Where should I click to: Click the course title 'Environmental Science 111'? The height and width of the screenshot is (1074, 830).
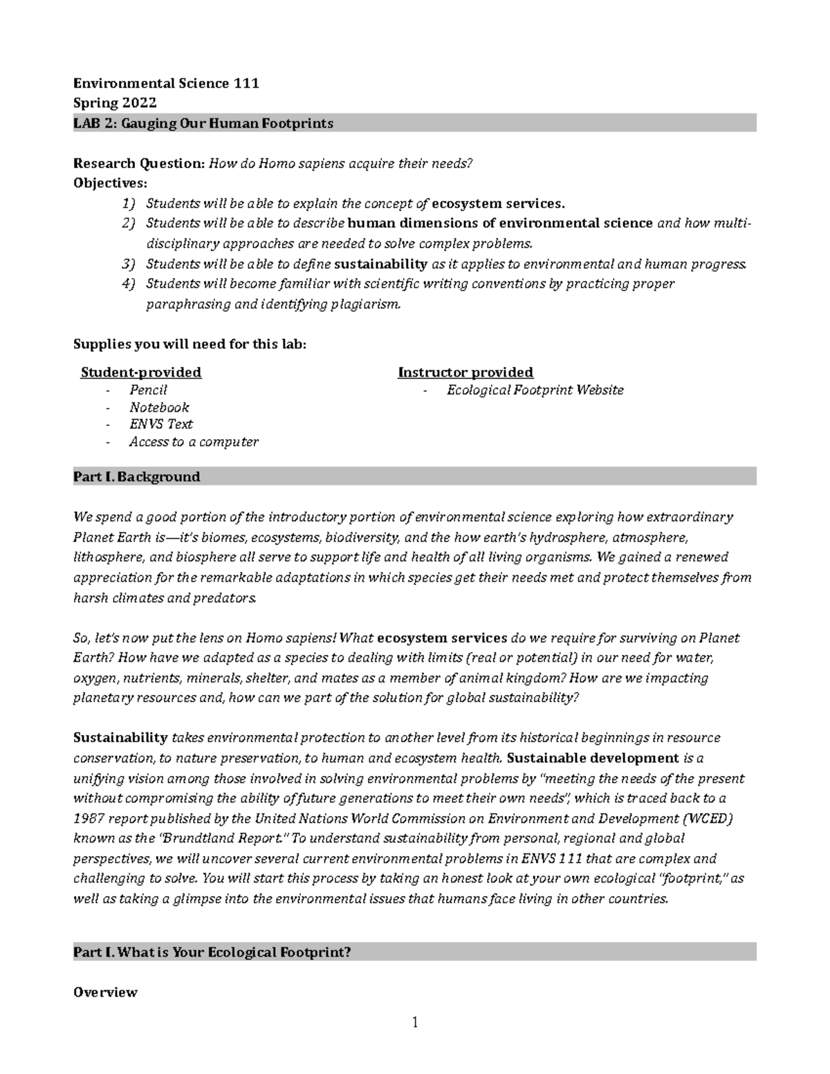click(166, 84)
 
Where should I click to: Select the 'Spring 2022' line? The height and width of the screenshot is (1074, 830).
click(115, 103)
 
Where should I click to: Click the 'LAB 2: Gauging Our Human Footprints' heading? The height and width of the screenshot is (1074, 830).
click(203, 123)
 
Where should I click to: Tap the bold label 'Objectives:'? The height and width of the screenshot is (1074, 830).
click(110, 183)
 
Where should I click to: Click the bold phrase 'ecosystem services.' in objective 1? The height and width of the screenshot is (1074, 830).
click(498, 203)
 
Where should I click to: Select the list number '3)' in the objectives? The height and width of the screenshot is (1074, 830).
click(129, 263)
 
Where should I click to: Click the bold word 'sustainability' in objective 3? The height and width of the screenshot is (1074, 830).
click(380, 263)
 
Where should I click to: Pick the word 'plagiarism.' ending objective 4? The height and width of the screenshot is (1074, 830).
click(365, 304)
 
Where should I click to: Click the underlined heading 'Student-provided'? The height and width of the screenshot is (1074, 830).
click(141, 372)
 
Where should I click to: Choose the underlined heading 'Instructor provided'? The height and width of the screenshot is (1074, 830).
click(465, 372)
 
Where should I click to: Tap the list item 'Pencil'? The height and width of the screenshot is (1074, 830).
click(148, 390)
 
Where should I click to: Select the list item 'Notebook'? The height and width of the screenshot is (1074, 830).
click(159, 407)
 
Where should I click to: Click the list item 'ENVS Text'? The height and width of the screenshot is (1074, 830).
click(160, 424)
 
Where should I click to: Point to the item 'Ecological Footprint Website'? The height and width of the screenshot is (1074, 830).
click(535, 390)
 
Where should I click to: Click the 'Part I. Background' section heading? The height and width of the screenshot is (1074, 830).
click(137, 476)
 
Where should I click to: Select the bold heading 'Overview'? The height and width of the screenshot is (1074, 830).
click(105, 992)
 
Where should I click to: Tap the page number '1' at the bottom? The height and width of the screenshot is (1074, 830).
click(415, 1023)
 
